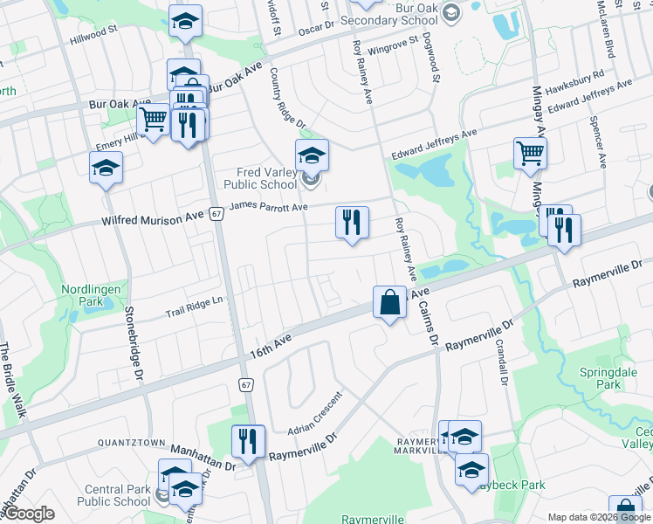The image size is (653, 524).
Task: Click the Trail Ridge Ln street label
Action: click(x=196, y=307)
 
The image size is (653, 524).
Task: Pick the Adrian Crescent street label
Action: click(x=315, y=412)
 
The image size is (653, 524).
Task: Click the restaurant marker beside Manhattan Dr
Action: click(x=249, y=441)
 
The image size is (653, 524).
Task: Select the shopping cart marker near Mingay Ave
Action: click(x=530, y=154)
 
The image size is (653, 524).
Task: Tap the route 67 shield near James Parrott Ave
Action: click(x=216, y=213)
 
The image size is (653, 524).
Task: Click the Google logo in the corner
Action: click(x=28, y=514)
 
